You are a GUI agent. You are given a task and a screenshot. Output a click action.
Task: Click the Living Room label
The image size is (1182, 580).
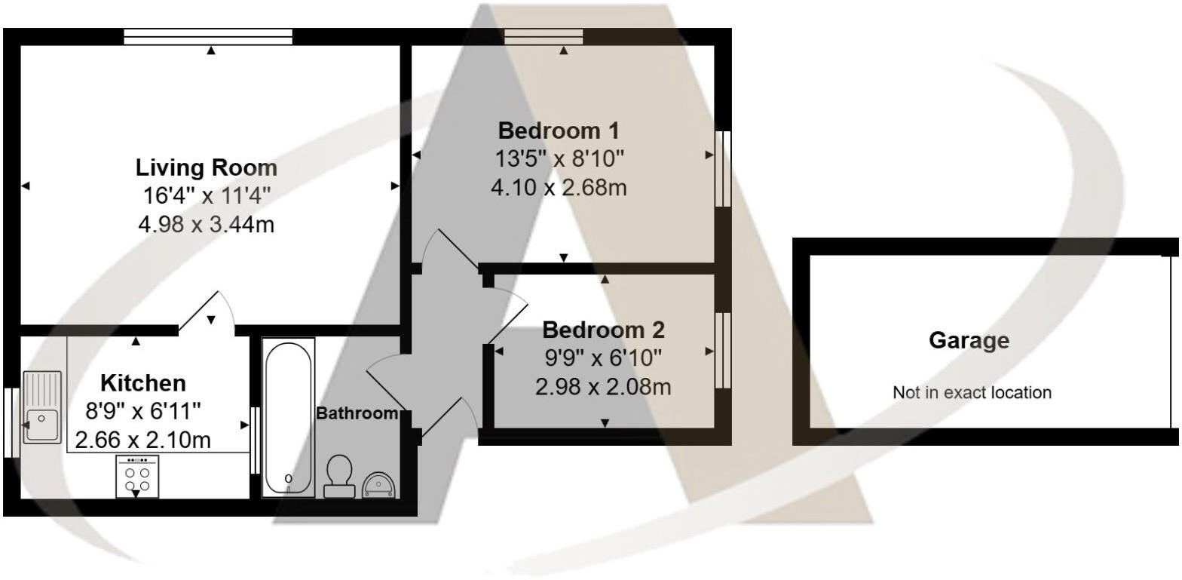(x=206, y=167)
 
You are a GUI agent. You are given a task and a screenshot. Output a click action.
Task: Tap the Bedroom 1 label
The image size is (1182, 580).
(x=559, y=130)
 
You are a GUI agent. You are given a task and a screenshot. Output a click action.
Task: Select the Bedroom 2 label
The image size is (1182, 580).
(x=603, y=330)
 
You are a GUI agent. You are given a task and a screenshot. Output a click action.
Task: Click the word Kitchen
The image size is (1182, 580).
(x=143, y=382)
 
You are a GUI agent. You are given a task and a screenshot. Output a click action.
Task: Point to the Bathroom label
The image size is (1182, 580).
(x=357, y=413)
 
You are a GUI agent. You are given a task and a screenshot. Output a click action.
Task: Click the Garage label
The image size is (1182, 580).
(x=969, y=340)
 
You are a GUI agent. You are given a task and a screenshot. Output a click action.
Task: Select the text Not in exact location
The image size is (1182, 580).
(x=972, y=392)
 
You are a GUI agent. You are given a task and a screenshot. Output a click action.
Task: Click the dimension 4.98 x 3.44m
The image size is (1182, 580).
(x=206, y=224)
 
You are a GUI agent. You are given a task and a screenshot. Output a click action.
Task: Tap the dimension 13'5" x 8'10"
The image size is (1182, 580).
(x=559, y=158)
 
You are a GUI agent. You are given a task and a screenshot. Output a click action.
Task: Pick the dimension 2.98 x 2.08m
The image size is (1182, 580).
(x=603, y=387)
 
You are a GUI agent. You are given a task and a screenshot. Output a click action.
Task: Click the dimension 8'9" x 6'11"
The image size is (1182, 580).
(x=143, y=411)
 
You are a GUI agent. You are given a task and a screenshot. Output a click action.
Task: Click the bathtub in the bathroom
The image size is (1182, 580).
(x=288, y=417)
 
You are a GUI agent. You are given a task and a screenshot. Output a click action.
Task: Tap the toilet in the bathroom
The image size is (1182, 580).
(x=339, y=476)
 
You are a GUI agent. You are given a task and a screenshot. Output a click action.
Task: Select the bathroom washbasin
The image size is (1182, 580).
(x=378, y=484)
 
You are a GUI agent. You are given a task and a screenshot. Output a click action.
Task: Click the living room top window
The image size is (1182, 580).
(x=208, y=36)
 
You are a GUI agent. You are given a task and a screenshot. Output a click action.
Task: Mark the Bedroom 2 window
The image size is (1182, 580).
(x=723, y=350)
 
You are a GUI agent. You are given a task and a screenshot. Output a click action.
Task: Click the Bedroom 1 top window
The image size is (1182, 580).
(x=544, y=36)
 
